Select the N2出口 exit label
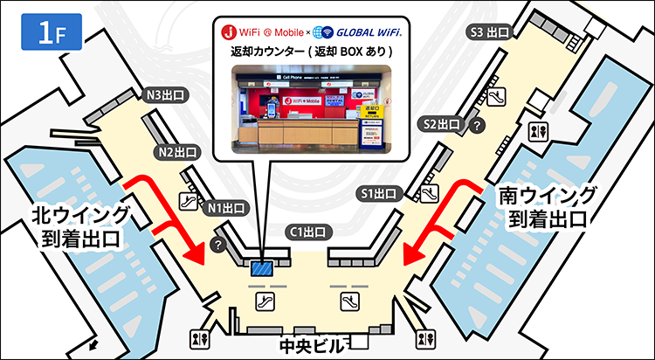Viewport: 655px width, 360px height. pos(177,152)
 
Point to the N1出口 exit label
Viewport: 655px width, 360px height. pos(226,208)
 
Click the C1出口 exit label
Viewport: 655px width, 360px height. pos(307,232)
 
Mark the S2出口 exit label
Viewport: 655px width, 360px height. pos(441,123)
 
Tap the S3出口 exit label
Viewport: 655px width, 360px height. pos(490,32)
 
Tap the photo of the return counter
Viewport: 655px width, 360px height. pos(310,107)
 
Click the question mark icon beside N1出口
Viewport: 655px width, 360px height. pos(218,246)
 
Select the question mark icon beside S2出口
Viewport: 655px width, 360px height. pos(477,126)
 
